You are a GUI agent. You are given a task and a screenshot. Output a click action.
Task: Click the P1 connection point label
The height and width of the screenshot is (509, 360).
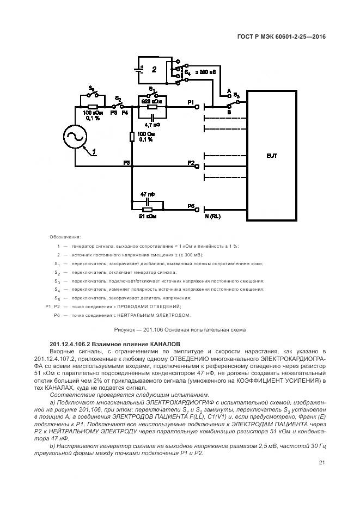(191, 102)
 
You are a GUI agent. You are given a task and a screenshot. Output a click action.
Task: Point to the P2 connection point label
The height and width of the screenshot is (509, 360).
(191, 162)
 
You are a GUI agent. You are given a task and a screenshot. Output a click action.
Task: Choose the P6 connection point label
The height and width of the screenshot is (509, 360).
(191, 206)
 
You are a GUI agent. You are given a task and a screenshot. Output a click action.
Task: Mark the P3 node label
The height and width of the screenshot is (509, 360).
(126, 162)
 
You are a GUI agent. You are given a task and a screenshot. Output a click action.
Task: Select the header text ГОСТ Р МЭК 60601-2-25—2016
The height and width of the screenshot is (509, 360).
(278, 38)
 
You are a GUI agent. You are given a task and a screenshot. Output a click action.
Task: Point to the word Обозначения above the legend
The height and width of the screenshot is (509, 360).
(65, 237)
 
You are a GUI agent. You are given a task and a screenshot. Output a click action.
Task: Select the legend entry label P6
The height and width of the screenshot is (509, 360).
(56, 315)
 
